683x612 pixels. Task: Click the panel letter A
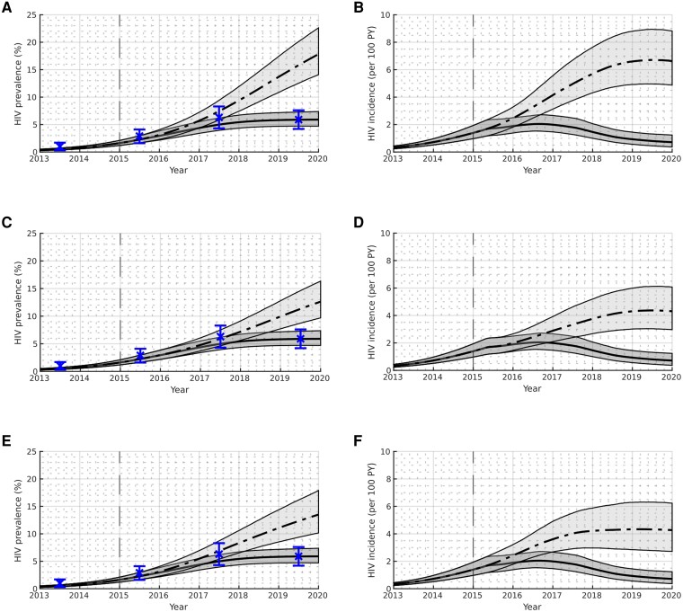coord(6,7)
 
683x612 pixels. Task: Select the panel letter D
coord(359,222)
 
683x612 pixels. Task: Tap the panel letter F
coord(359,441)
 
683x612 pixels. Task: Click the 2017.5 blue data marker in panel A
coord(219,118)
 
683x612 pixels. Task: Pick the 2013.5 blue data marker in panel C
coord(60,366)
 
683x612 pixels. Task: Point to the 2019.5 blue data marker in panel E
coord(298,556)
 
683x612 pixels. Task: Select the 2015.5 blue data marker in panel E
coord(139,572)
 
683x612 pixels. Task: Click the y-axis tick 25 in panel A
coord(31,15)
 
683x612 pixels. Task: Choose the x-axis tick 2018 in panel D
coord(591,377)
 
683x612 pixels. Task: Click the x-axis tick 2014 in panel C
coord(79,377)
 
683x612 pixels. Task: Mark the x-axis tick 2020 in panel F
coord(671,596)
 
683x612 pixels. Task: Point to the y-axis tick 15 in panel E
coord(31,507)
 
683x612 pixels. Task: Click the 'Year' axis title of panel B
coord(532,170)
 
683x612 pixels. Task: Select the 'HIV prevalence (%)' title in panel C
coord(18,303)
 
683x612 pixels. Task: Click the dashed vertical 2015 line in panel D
coord(473,302)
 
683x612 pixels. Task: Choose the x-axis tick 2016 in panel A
coord(159,158)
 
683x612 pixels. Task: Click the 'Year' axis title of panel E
coord(179,607)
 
